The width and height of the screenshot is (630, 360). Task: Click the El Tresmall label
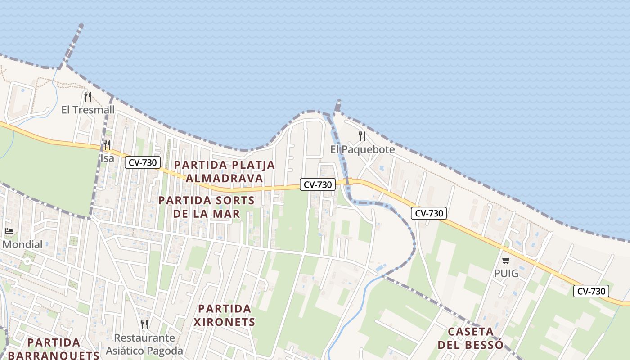[x=88, y=110]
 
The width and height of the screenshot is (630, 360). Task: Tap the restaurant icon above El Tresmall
[x=88, y=96]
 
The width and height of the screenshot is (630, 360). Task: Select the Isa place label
[x=107, y=158]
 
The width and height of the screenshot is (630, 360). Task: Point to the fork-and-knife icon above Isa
[x=107, y=144]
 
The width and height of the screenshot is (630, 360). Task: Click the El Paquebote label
[x=362, y=149]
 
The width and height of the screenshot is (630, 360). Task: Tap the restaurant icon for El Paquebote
[x=362, y=136]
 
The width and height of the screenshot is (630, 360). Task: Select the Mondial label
[x=22, y=245]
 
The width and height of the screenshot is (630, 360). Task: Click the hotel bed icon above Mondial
[x=9, y=232]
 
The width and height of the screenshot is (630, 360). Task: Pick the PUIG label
[x=506, y=274]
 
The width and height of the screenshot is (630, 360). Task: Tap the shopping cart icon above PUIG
[x=506, y=260]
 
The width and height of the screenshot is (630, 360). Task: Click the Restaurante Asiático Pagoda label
[x=144, y=344]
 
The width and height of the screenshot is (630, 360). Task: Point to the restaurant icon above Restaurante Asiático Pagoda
[x=144, y=324]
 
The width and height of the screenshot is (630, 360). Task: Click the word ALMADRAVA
[x=224, y=178]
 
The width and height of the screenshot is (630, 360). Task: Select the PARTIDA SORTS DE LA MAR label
[x=207, y=207]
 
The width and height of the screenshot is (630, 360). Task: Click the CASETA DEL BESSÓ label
[x=470, y=338]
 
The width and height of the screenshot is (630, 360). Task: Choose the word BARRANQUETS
[x=54, y=355]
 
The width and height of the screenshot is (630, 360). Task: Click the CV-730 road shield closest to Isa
[x=143, y=162]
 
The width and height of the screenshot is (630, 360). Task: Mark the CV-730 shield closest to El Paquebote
[x=318, y=184]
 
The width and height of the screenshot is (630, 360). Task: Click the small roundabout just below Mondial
[x=27, y=261]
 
